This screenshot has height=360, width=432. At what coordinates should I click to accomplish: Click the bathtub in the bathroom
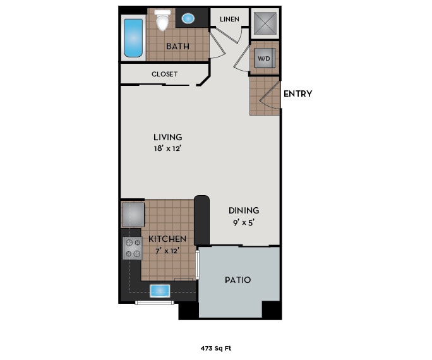[133, 38]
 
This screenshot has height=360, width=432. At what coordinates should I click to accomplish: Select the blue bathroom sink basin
[188, 18]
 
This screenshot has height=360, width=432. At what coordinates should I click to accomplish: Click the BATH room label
[178, 47]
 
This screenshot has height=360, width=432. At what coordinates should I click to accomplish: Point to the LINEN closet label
[229, 19]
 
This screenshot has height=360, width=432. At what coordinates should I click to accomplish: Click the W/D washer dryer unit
[263, 59]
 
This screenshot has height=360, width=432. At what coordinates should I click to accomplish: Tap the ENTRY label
[297, 94]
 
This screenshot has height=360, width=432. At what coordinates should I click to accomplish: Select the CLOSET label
[164, 74]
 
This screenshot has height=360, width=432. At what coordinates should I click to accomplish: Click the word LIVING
[168, 137]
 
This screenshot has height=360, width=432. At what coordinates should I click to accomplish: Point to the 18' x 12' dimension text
[168, 149]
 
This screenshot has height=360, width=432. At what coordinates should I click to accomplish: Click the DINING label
[244, 210]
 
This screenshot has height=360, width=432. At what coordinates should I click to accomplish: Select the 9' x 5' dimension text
[244, 222]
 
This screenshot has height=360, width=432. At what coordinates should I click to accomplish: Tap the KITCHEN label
[167, 239]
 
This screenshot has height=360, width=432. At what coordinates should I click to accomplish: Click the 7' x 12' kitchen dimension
[167, 251]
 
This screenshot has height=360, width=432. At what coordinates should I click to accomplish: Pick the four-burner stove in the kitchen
[133, 248]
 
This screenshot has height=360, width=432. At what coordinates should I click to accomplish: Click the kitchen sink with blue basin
[160, 290]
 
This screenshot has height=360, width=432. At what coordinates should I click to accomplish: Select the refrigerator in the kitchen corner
[133, 214]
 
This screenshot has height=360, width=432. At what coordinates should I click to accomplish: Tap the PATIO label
[238, 279]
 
